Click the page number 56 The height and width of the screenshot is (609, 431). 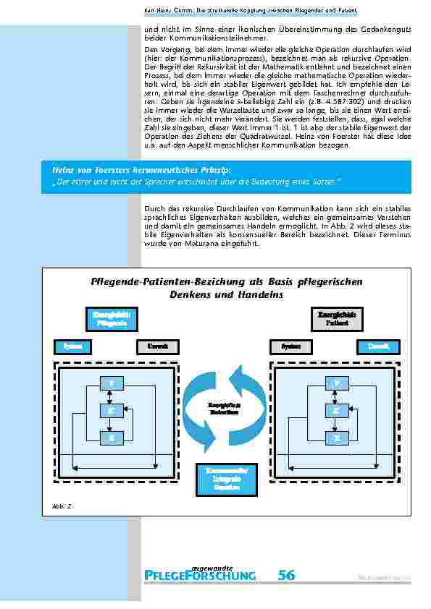[x=286, y=575]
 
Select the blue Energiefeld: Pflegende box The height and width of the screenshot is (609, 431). [x=110, y=319]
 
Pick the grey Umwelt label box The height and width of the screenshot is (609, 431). [x=157, y=346]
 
